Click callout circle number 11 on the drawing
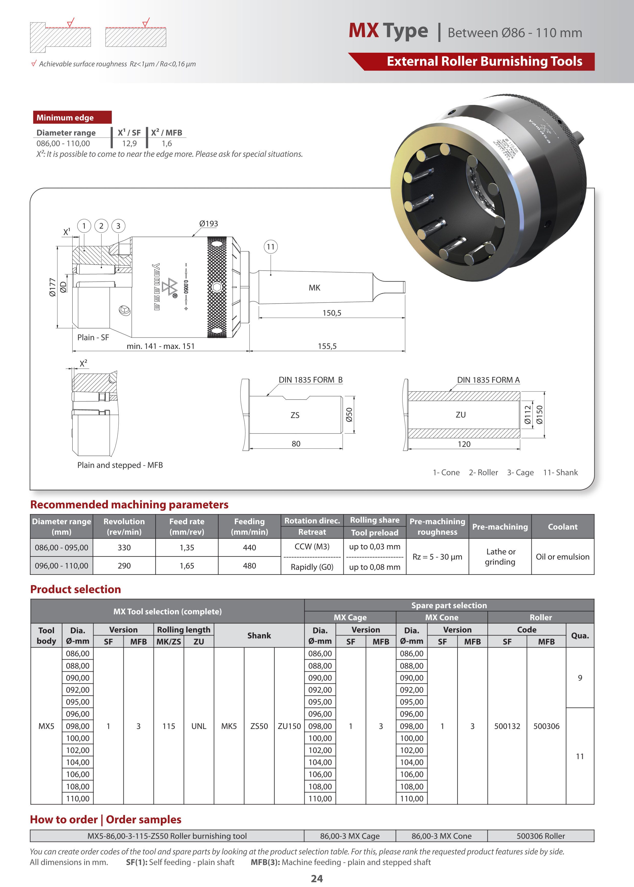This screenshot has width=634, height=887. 270,247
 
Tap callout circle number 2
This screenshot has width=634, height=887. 101,226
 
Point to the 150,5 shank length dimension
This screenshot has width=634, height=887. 332,313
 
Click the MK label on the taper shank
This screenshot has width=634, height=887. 314,288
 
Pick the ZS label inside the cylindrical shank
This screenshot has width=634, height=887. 295,415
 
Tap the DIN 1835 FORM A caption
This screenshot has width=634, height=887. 488,380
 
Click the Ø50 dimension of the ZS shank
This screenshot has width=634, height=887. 349,415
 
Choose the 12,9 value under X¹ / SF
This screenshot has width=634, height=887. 129,143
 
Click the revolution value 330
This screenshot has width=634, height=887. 124,547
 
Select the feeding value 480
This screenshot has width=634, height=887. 250,566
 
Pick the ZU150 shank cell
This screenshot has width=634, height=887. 289,726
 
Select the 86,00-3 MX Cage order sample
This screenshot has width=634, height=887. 350,836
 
